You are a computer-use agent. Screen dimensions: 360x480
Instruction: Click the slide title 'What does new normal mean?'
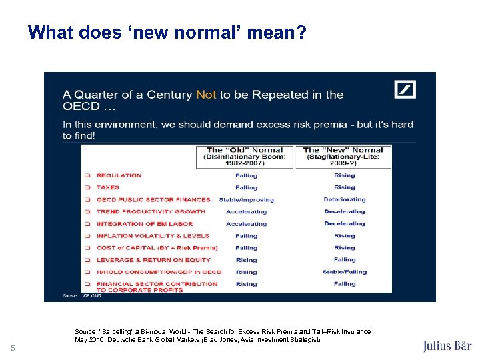(167, 32)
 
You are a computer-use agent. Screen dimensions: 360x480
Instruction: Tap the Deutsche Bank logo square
(405, 89)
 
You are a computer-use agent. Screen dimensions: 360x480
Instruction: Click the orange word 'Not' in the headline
(206, 95)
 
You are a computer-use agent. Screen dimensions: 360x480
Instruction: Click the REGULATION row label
(119, 175)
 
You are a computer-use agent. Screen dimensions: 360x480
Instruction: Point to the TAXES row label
(108, 187)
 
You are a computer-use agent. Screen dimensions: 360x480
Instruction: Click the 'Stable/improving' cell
(246, 199)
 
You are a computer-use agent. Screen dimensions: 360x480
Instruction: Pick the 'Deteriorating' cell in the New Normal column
(345, 199)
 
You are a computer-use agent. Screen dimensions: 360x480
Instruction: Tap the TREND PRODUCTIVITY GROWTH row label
(151, 211)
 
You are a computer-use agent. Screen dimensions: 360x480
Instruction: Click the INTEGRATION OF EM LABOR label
(145, 224)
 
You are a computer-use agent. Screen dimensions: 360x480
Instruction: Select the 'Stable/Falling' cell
(345, 272)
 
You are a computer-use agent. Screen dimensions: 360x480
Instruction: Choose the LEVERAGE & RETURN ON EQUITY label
(153, 260)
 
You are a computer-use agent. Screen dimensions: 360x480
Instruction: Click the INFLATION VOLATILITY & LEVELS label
(153, 236)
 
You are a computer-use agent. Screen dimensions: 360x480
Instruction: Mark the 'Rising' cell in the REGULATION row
(345, 175)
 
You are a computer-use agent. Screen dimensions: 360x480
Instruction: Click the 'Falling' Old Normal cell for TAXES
(246, 187)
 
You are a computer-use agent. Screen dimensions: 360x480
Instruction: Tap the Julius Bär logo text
(447, 346)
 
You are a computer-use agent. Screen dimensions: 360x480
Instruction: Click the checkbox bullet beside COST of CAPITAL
(87, 248)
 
